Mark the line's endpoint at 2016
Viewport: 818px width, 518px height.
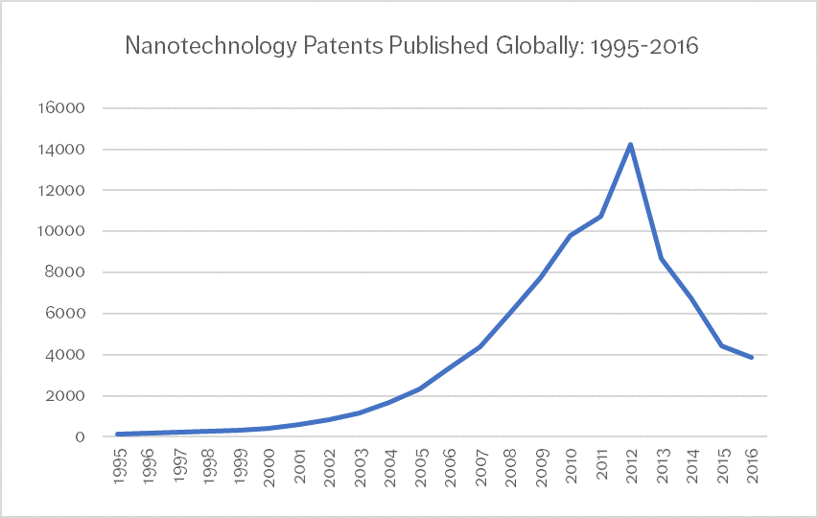[x=752, y=358]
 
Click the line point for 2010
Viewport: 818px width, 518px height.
[x=572, y=235]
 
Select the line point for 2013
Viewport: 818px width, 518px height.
[x=662, y=258]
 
